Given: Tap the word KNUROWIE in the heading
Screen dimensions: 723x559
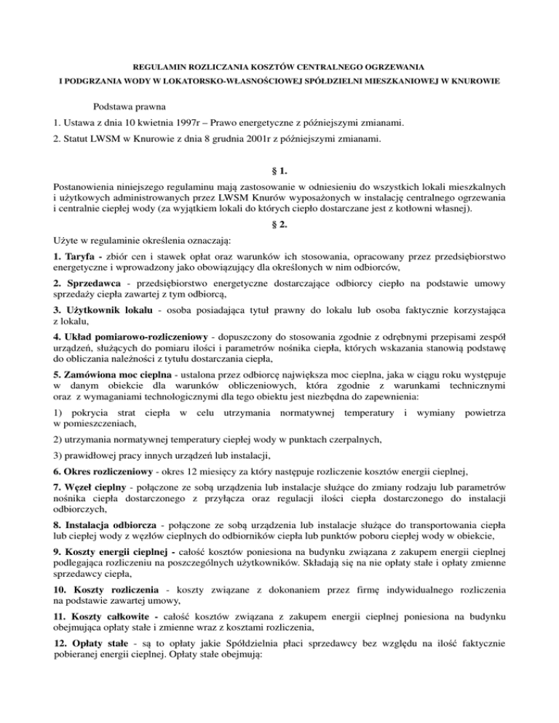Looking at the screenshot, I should click(472, 82).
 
